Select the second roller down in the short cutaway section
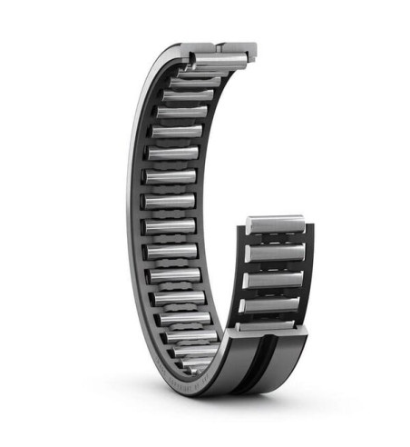[274, 252]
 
